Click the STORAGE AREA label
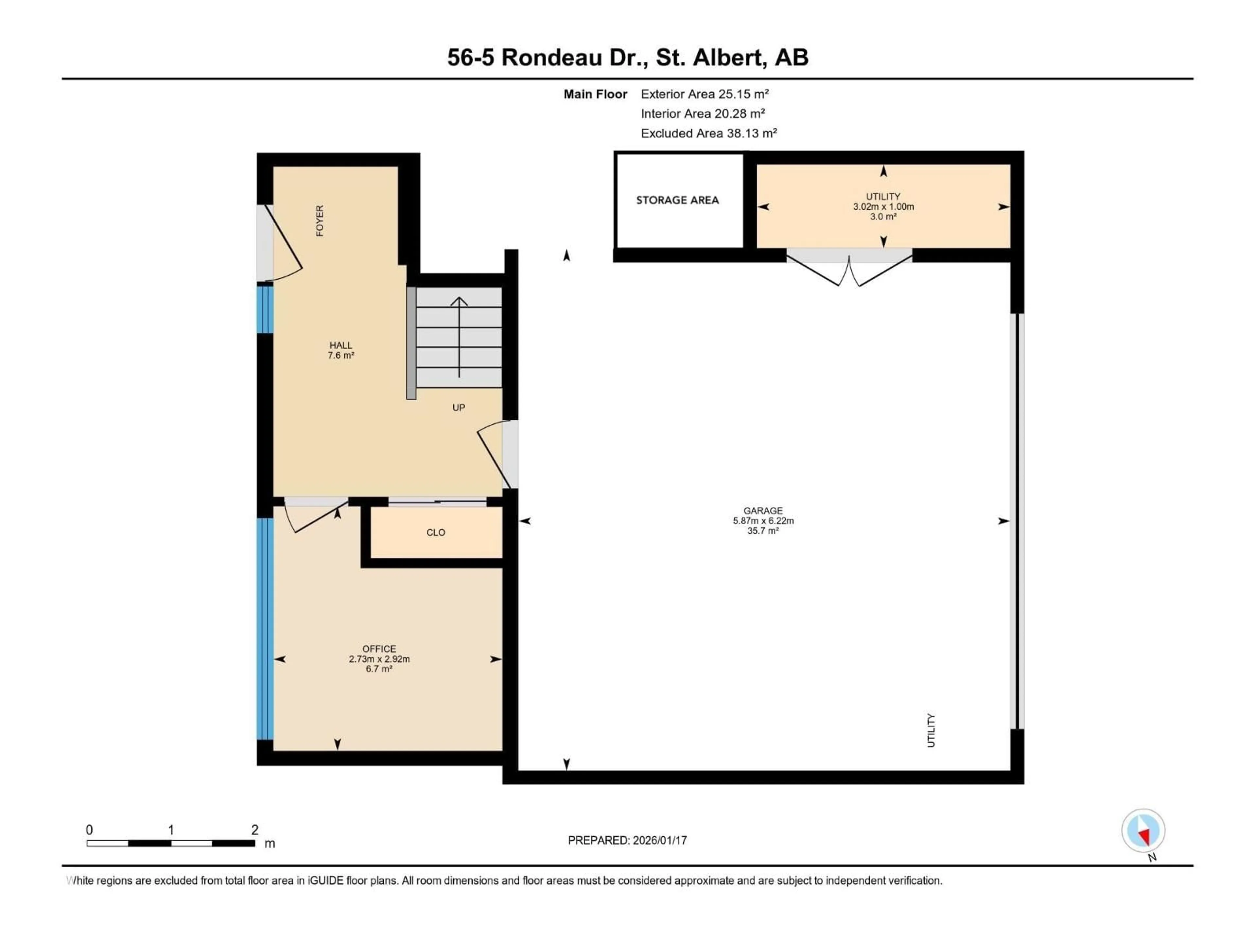[x=677, y=200]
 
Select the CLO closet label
[x=436, y=532]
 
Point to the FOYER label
[x=320, y=221]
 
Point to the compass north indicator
[x=1143, y=831]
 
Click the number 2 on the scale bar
[x=255, y=829]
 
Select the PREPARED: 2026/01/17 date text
[x=627, y=840]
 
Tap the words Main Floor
[x=595, y=94]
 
